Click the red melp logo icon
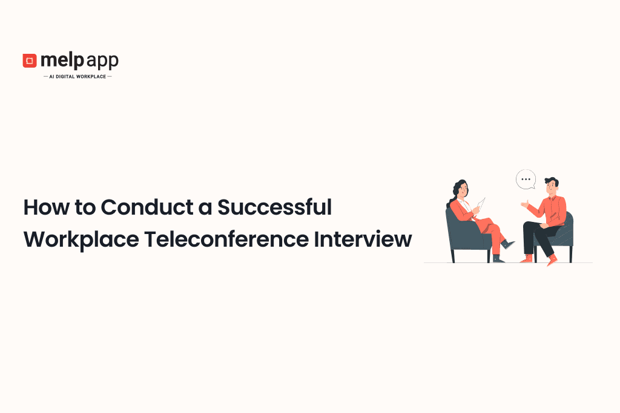29,60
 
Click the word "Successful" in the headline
275,207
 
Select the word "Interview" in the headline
363,239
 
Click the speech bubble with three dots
526,180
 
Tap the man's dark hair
552,181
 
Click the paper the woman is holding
481,204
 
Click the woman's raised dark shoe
507,244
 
